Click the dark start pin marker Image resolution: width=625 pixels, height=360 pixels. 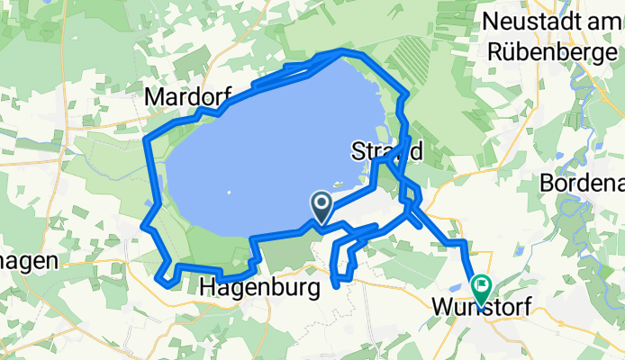click(x=321, y=206)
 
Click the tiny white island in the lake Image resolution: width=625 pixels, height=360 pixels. click(x=230, y=192)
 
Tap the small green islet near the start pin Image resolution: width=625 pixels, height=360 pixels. click(x=339, y=186)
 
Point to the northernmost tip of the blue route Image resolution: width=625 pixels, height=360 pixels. click(x=341, y=52)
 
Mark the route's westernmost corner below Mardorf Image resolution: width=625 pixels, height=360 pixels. click(x=147, y=140)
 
